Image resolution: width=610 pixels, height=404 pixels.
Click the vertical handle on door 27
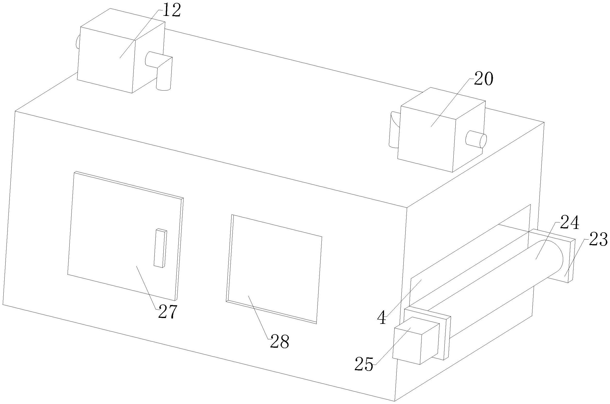tap(160, 248)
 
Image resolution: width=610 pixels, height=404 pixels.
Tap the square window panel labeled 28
tap(275, 268)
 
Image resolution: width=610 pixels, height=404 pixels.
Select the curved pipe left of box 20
tap(393, 130)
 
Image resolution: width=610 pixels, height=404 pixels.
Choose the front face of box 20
tap(427, 136)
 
